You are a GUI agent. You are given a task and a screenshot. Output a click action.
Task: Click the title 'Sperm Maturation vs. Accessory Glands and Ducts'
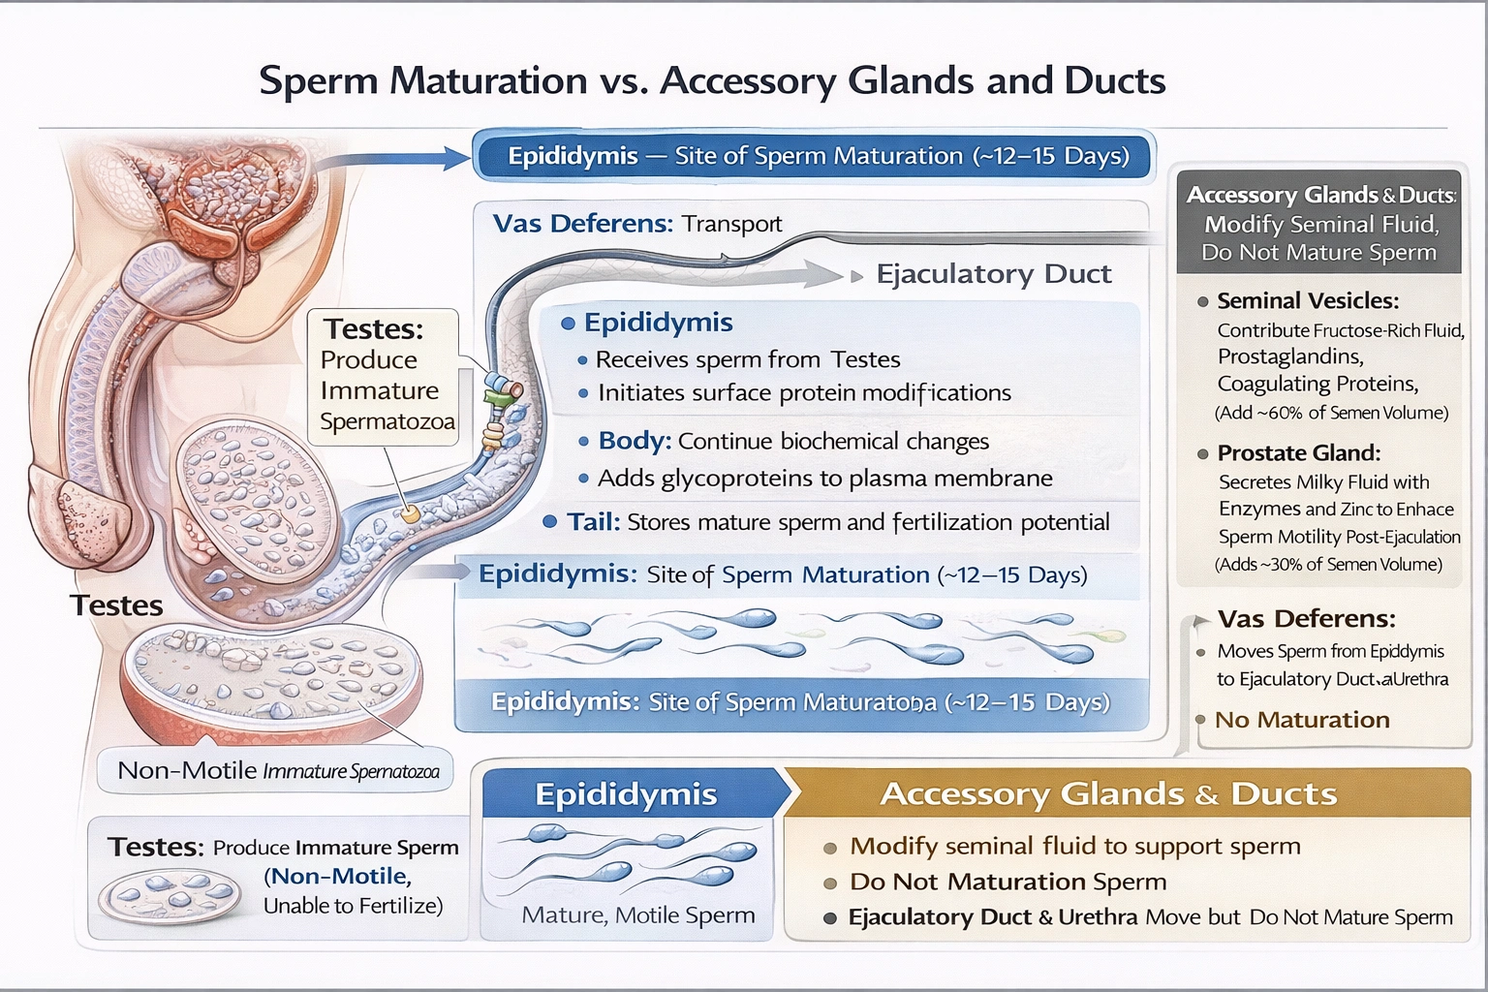click(712, 80)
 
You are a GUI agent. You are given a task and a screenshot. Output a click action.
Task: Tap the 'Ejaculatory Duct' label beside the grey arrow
click(993, 274)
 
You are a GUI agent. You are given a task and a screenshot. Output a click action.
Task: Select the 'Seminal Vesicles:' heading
click(1307, 300)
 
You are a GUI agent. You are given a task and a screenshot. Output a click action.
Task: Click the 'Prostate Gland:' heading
click(1298, 452)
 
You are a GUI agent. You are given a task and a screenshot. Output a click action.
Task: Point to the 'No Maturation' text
click(1301, 720)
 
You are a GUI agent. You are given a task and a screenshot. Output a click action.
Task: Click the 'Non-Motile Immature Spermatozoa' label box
click(277, 770)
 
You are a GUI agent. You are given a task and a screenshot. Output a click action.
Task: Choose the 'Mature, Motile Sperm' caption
click(637, 914)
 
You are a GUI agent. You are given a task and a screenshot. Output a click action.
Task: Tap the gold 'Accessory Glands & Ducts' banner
click(1107, 793)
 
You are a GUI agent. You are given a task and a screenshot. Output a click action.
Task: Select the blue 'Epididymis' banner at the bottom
click(627, 793)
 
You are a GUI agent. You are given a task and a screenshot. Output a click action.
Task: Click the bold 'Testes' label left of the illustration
click(116, 605)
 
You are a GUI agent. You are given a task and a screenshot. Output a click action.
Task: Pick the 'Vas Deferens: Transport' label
click(636, 224)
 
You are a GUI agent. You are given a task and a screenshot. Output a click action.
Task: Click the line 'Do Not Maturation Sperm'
click(1007, 882)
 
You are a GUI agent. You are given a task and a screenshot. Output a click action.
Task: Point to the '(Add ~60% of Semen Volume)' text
click(1331, 413)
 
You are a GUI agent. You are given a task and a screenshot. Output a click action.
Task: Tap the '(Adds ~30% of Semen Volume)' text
click(1328, 564)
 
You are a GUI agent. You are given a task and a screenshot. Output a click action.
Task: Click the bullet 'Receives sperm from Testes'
click(747, 359)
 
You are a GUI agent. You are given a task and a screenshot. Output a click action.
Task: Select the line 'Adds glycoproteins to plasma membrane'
click(824, 478)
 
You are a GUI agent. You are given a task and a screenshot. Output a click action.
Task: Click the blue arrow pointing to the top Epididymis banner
click(407, 158)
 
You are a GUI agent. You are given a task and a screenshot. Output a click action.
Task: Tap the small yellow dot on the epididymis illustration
click(411, 514)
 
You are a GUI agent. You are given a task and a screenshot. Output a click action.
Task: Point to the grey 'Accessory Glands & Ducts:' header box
click(1319, 224)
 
